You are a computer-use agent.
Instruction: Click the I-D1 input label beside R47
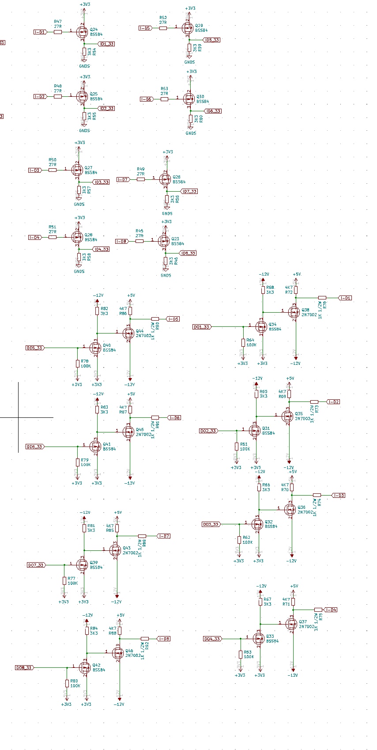pyautogui.click(x=40, y=32)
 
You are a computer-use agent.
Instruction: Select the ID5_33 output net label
pyautogui.click(x=212, y=40)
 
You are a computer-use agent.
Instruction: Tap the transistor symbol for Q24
pyautogui.click(x=82, y=32)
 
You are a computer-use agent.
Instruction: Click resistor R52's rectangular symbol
pyautogui.click(x=163, y=28)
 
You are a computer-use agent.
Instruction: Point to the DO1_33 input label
pyautogui.click(x=201, y=327)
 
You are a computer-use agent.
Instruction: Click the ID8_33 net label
pyautogui.click(x=188, y=253)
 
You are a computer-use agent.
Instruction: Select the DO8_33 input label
pyautogui.click(x=24, y=667)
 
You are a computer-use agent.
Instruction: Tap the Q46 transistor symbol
pyautogui.click(x=118, y=653)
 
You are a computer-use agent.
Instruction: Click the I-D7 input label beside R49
pyautogui.click(x=123, y=179)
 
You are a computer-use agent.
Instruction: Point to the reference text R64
pyautogui.click(x=250, y=340)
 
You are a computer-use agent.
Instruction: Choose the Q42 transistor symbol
pyautogui.click(x=86, y=667)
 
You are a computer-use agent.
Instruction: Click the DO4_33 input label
pyautogui.click(x=212, y=639)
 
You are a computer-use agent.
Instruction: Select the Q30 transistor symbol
pyautogui.click(x=189, y=99)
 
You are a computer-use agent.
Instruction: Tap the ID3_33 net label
pyautogui.click(x=101, y=182)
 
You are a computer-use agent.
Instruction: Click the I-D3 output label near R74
pyautogui.click(x=339, y=496)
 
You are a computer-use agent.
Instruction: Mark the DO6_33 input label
pyautogui.click(x=34, y=447)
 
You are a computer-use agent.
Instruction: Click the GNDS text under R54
pyautogui.click(x=84, y=66)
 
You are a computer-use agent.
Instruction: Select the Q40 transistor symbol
pyautogui.click(x=96, y=348)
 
